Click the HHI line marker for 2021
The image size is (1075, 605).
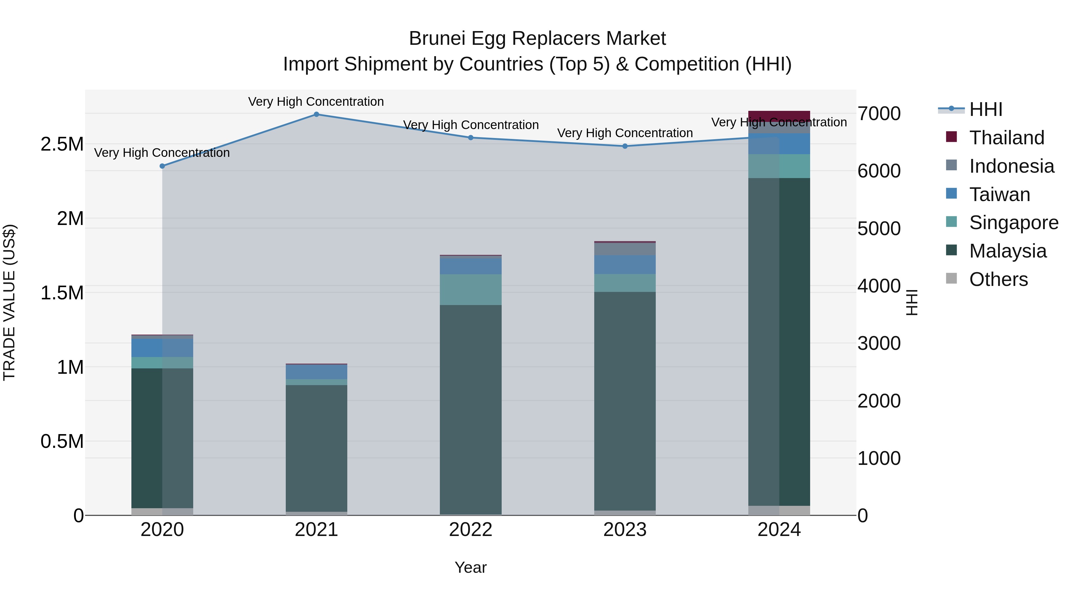[x=316, y=114]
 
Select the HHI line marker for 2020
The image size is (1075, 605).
[x=162, y=166]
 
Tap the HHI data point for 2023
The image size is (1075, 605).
[x=625, y=146]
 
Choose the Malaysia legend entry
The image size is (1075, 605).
[x=1008, y=251]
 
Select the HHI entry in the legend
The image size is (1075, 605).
[x=985, y=109]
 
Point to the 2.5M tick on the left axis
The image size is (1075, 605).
[x=62, y=144]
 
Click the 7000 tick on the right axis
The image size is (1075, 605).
[x=879, y=114]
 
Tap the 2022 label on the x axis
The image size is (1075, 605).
[x=470, y=530]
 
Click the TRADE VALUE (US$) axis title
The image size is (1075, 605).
[x=9, y=302]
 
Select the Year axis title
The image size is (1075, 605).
[x=470, y=567]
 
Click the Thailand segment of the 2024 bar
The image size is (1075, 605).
[x=779, y=115]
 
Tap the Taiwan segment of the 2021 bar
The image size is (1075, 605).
[x=316, y=372]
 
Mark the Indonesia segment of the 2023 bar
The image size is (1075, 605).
[x=625, y=249]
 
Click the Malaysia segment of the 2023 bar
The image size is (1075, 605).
[x=625, y=401]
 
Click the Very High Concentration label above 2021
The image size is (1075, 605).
[x=316, y=102]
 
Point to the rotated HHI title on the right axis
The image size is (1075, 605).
[x=912, y=302]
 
